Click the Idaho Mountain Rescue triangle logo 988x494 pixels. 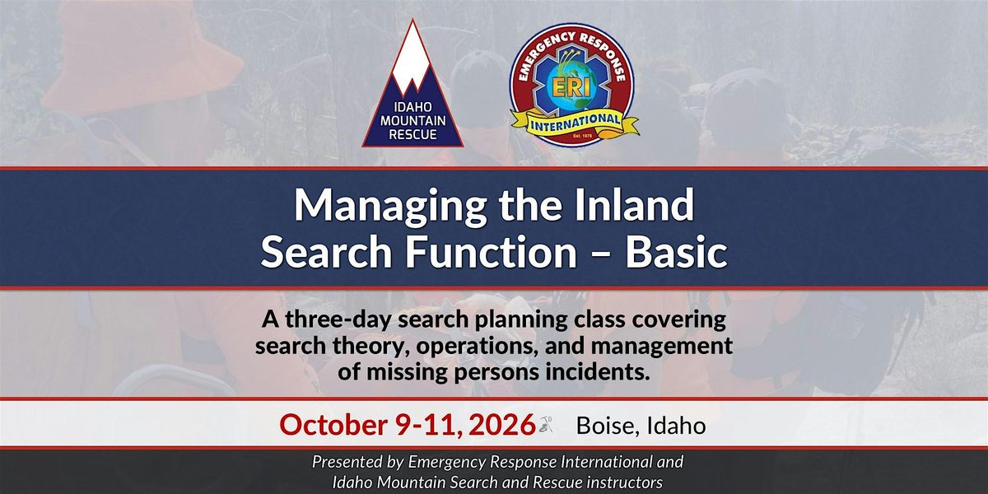point(412,88)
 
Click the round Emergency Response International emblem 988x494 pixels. point(573,85)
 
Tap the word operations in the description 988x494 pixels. point(478,347)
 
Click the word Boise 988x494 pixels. point(608,426)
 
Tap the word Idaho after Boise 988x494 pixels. point(676,426)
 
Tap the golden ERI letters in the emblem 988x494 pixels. point(571,88)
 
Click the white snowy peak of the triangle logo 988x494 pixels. point(411,58)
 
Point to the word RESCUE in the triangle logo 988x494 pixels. point(412,134)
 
